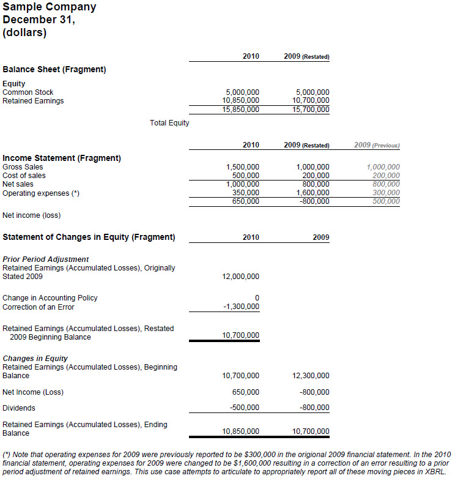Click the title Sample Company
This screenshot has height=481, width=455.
point(50,7)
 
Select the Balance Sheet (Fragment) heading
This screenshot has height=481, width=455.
point(54,69)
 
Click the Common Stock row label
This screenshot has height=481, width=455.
point(28,92)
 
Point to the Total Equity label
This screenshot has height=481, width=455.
point(169,123)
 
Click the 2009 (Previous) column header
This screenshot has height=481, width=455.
point(377,145)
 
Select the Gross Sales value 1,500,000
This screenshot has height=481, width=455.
point(243,167)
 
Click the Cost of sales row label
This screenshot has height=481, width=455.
point(24,176)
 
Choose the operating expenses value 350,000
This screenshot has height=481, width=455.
point(246,193)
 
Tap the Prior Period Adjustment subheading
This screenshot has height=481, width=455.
point(46,259)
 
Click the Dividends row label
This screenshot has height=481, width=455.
point(19,408)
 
